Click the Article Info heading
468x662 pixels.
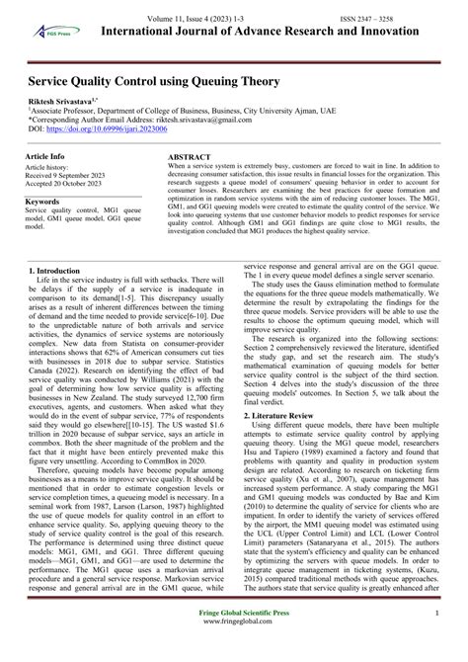pos(45,157)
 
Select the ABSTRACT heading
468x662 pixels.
pos(190,157)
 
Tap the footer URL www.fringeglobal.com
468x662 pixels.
pos(235,650)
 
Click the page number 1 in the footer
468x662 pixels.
pos(437,640)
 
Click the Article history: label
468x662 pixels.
pos(52,167)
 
